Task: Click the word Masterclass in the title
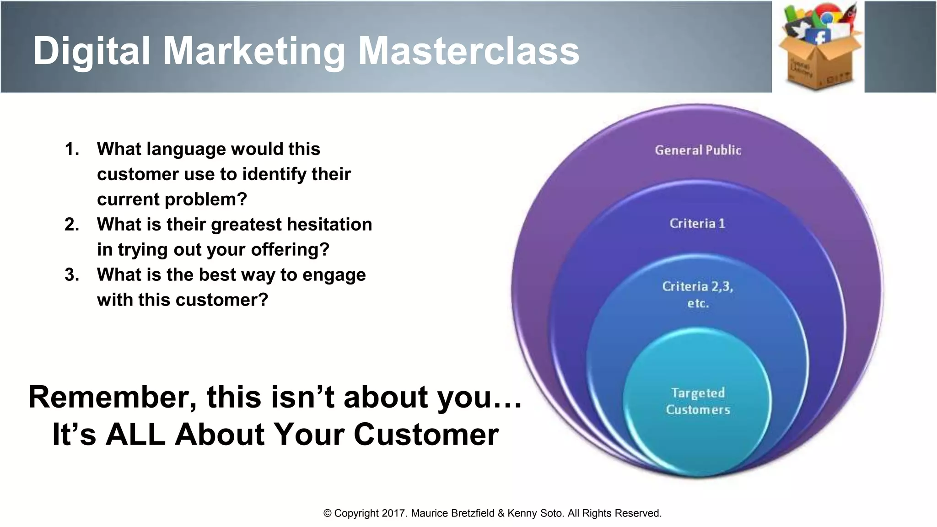(468, 51)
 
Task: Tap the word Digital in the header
(92, 51)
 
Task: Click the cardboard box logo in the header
(819, 50)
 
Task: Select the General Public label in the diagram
(698, 150)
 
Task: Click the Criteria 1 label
(697, 223)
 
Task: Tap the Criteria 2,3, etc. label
(697, 294)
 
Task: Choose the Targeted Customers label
(698, 401)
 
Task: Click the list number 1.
(72, 149)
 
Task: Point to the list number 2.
(72, 225)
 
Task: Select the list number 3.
(72, 275)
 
